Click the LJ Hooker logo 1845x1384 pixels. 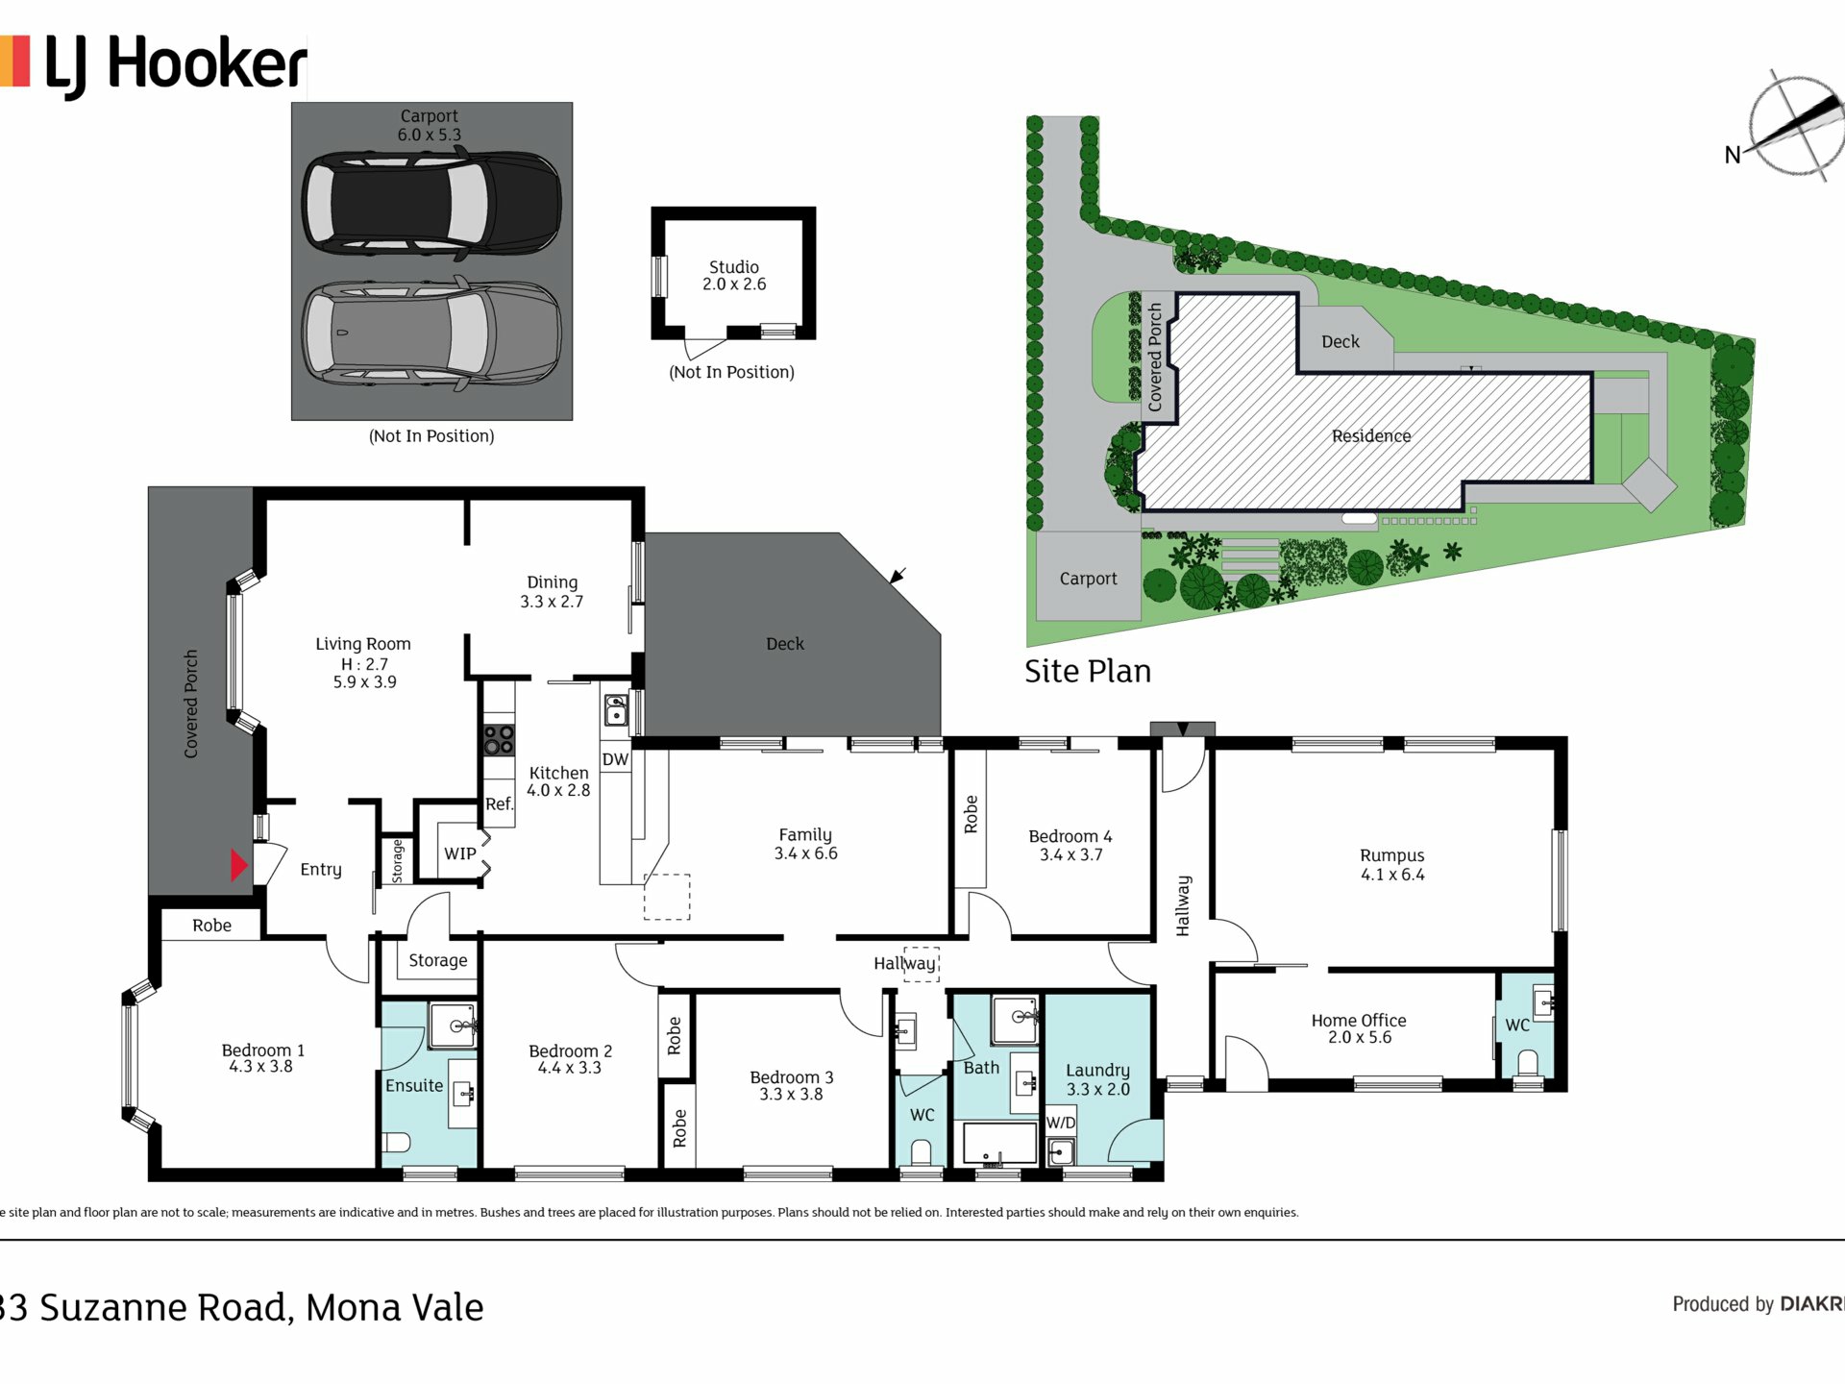click(154, 65)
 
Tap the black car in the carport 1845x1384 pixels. click(431, 204)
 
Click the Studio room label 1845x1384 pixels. click(734, 266)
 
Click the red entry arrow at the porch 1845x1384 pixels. click(239, 865)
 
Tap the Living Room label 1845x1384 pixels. click(363, 644)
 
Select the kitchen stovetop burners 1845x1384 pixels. click(499, 740)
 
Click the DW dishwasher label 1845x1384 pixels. click(615, 759)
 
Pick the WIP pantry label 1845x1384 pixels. click(460, 853)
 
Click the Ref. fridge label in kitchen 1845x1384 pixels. click(499, 803)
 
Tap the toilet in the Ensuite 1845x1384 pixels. click(397, 1142)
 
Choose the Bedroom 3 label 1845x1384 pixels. click(792, 1077)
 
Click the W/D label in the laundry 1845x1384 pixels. click(1061, 1123)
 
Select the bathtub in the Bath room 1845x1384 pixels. click(999, 1143)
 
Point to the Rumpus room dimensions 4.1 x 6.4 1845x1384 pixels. click(1392, 875)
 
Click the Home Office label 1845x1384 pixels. click(1359, 1020)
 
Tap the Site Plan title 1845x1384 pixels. click(1088, 671)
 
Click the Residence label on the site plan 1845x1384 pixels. click(1371, 436)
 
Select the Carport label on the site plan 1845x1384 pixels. click(1088, 579)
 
